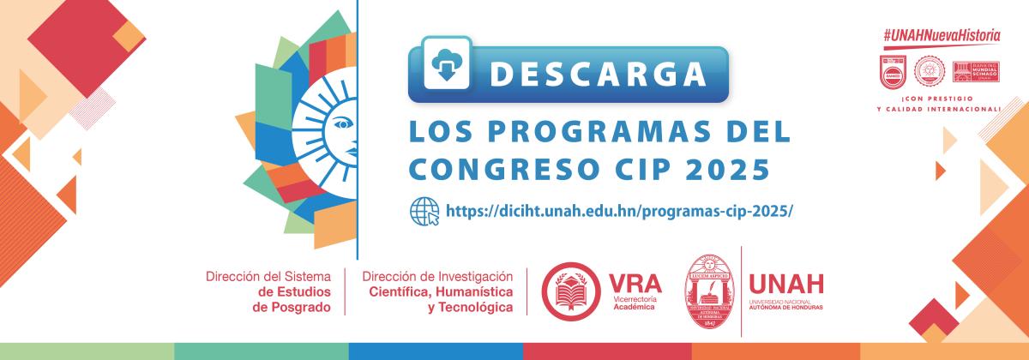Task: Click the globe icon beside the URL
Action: tap(425, 211)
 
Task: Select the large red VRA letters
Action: tap(634, 282)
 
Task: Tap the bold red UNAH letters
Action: tap(785, 284)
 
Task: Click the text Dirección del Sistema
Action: tap(268, 277)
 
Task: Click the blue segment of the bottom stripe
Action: tap(435, 351)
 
